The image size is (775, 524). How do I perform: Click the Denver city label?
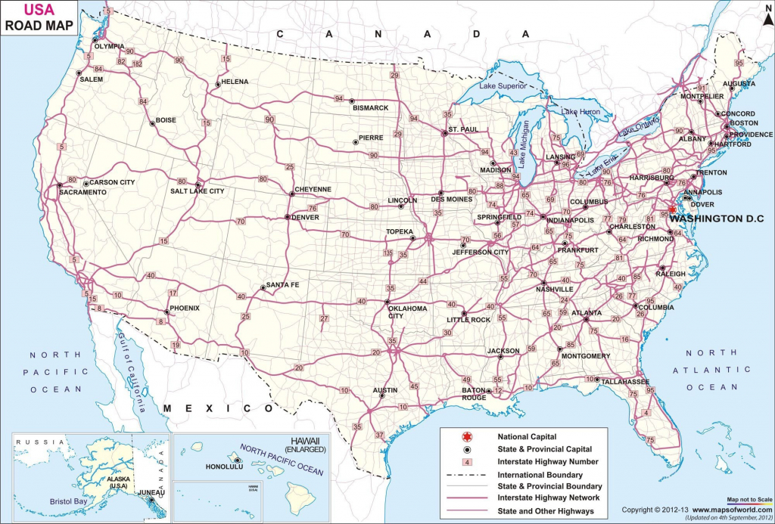(306, 217)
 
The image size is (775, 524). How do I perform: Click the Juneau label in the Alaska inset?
(151, 491)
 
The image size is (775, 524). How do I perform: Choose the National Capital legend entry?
(527, 436)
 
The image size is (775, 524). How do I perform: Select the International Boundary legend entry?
(540, 474)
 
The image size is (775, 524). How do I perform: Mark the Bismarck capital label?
(370, 108)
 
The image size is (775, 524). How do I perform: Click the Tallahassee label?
(625, 383)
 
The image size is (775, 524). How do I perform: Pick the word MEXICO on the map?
(207, 408)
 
